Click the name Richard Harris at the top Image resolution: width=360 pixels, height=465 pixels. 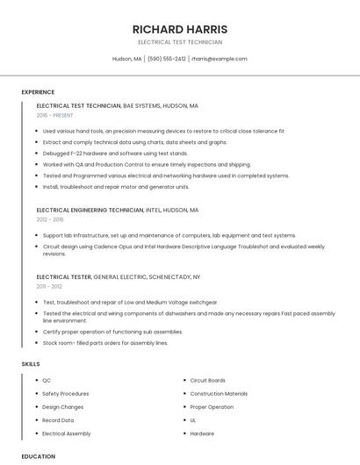[x=179, y=29]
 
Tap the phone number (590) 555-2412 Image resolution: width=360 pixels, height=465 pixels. [x=167, y=59]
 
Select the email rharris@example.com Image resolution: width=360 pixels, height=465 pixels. [x=220, y=59]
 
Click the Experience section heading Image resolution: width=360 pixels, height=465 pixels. [x=38, y=92]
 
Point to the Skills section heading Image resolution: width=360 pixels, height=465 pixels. [x=31, y=363]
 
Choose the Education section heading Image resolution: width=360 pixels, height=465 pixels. [x=38, y=456]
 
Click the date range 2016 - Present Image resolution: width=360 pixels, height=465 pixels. [x=56, y=115]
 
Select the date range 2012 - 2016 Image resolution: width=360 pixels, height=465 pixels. [x=50, y=220]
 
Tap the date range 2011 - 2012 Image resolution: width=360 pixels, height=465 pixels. [x=49, y=286]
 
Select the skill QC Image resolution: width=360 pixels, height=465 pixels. [x=47, y=381]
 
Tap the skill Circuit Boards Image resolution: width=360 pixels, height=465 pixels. [x=208, y=381]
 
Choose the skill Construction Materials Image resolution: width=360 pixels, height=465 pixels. [x=219, y=394]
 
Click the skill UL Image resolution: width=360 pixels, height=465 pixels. [x=193, y=420]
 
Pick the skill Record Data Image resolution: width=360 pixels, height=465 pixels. [x=58, y=420]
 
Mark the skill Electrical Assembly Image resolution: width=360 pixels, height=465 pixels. [x=67, y=433]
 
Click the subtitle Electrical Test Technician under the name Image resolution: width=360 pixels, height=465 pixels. [x=179, y=42]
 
